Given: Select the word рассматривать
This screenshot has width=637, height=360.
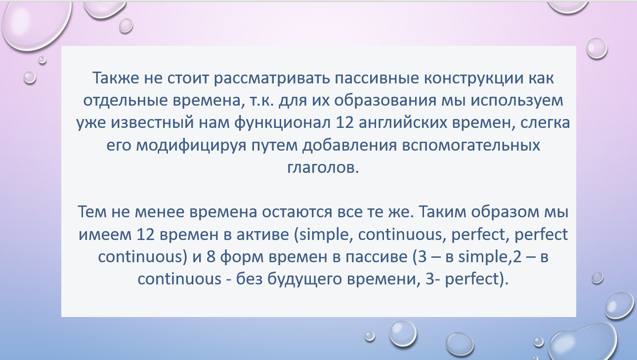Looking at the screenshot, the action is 272,79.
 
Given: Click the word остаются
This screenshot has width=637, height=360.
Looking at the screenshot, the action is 297,212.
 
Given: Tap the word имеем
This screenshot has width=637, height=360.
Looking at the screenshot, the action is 105,235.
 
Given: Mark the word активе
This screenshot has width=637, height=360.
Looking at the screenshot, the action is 263,235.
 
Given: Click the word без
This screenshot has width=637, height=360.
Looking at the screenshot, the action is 250,278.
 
